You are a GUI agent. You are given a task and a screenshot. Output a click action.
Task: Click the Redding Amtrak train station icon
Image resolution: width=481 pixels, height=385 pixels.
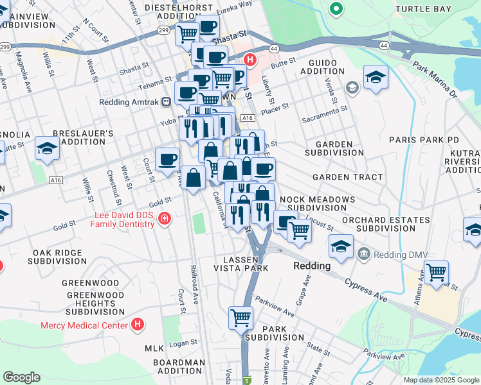(166, 101)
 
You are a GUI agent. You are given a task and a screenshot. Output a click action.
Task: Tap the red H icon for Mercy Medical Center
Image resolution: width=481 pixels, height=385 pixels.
(137, 325)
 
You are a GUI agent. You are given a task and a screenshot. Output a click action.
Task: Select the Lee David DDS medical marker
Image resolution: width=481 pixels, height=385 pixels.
(165, 219)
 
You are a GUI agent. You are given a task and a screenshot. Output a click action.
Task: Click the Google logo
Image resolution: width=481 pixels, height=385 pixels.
(21, 377)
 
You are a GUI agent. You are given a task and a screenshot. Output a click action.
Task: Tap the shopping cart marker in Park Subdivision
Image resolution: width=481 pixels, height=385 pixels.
(240, 317)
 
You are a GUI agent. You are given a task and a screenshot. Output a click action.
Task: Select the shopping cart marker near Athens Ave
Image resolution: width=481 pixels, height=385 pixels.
(436, 272)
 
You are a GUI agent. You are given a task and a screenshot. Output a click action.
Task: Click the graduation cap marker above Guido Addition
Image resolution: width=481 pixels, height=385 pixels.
(376, 78)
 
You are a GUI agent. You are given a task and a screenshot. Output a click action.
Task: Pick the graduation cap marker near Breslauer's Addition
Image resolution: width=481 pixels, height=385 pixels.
(47, 149)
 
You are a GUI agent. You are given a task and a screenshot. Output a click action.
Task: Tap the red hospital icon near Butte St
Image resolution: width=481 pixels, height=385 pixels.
(250, 61)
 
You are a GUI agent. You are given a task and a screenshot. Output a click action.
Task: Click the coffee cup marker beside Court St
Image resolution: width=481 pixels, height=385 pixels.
(167, 159)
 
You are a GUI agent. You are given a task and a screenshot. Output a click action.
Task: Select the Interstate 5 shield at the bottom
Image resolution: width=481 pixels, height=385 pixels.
(246, 381)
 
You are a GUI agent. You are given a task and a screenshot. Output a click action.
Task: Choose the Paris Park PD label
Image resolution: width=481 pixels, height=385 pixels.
(424, 139)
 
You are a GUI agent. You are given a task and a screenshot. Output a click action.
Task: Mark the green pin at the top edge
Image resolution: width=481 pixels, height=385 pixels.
(335, 8)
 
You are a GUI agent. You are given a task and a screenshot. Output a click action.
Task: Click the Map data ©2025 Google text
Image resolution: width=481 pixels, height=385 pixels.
(440, 380)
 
